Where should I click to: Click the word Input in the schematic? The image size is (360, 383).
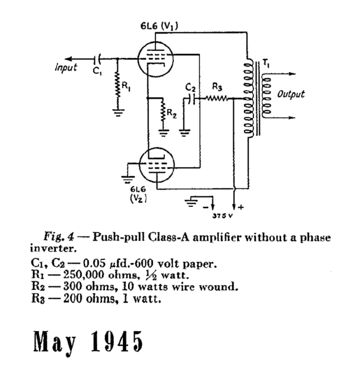[66, 67]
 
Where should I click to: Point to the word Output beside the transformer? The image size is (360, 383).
[291, 94]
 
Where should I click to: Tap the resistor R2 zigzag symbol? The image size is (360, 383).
[163, 111]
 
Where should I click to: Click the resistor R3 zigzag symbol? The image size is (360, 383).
[217, 98]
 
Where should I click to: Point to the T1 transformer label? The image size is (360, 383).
[268, 63]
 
